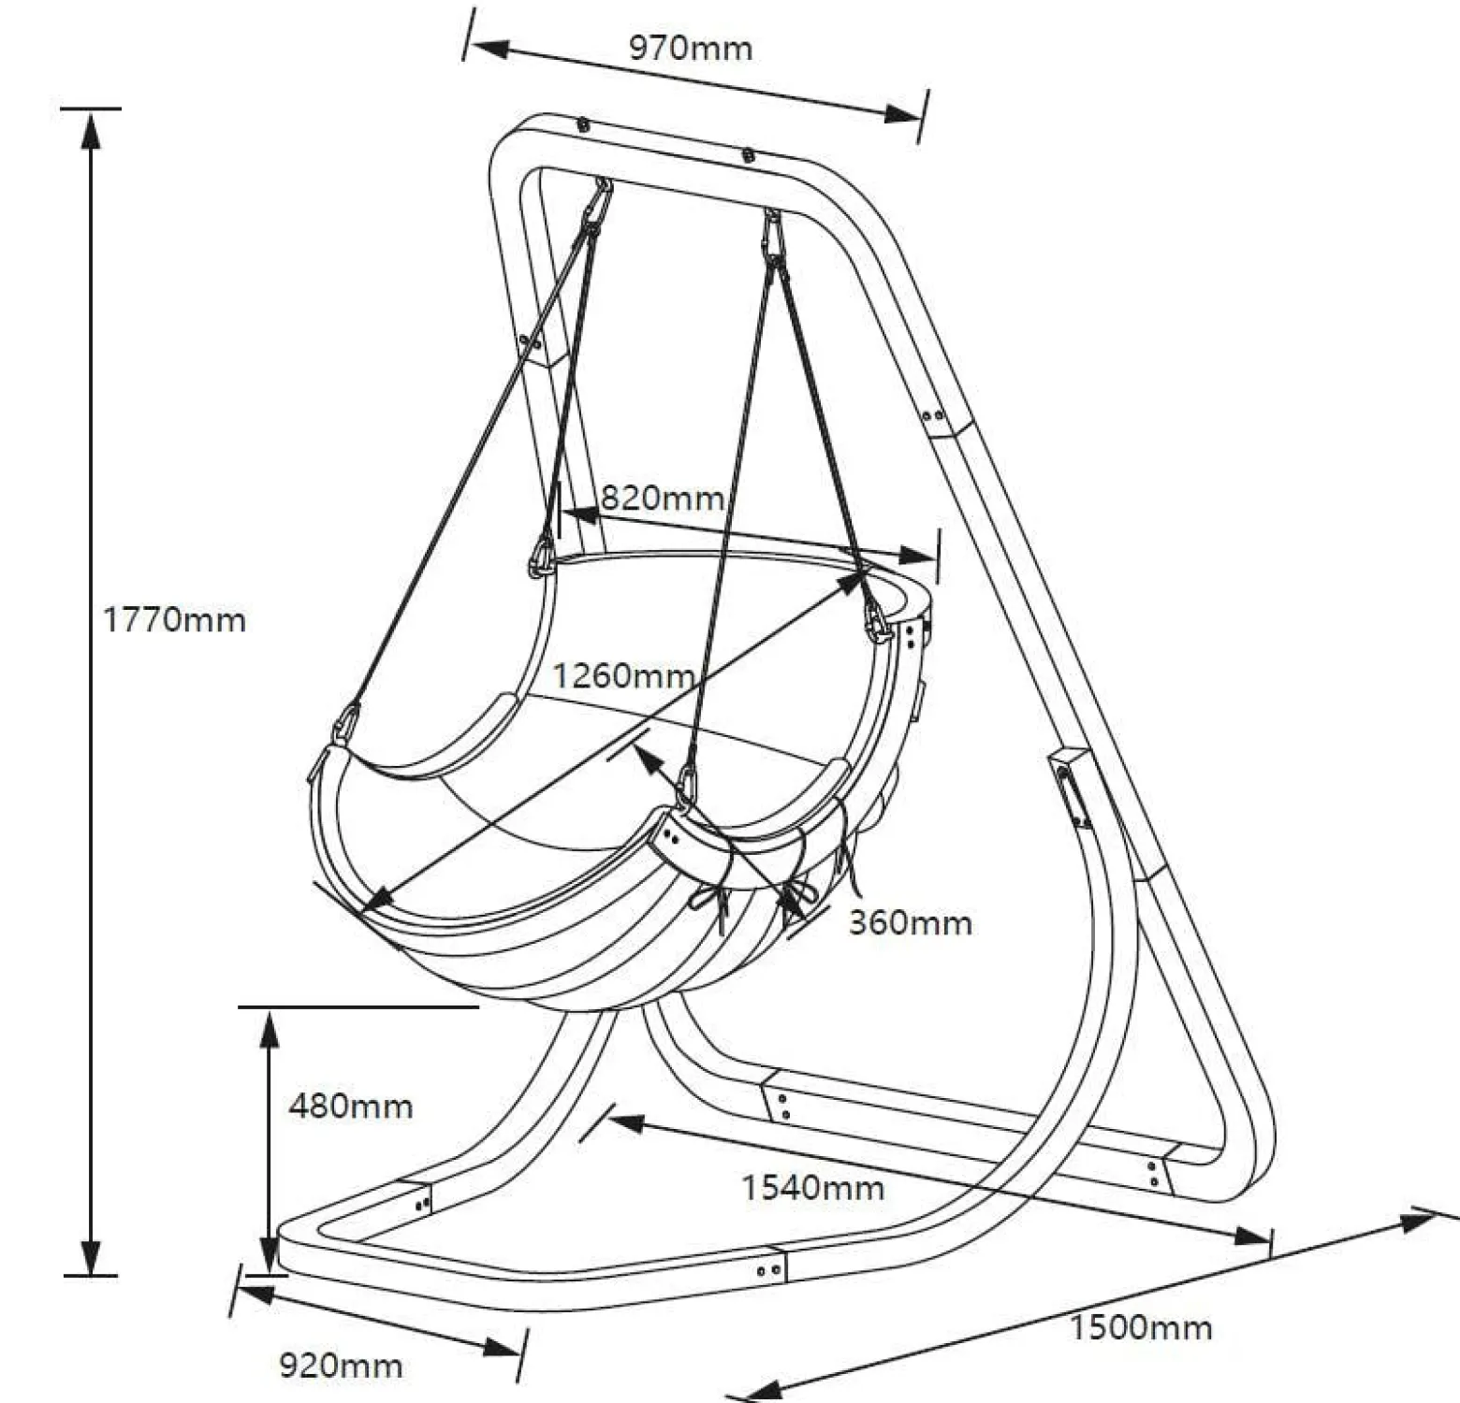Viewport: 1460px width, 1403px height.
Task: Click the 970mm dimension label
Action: [690, 48]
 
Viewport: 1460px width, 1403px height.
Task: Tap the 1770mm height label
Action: [174, 620]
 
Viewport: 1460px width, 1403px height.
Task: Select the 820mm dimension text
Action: [662, 498]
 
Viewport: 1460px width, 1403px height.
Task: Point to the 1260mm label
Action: [623, 674]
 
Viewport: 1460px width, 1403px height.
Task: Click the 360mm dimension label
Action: [911, 923]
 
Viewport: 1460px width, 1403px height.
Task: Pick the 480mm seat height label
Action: [351, 1106]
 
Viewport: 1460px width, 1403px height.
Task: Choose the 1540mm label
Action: [813, 1188]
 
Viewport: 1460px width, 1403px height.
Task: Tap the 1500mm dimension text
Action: [1141, 1328]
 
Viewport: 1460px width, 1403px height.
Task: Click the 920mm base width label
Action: [341, 1367]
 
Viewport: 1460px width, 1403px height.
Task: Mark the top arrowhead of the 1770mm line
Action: [91, 129]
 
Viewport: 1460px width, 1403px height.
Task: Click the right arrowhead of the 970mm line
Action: [902, 113]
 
